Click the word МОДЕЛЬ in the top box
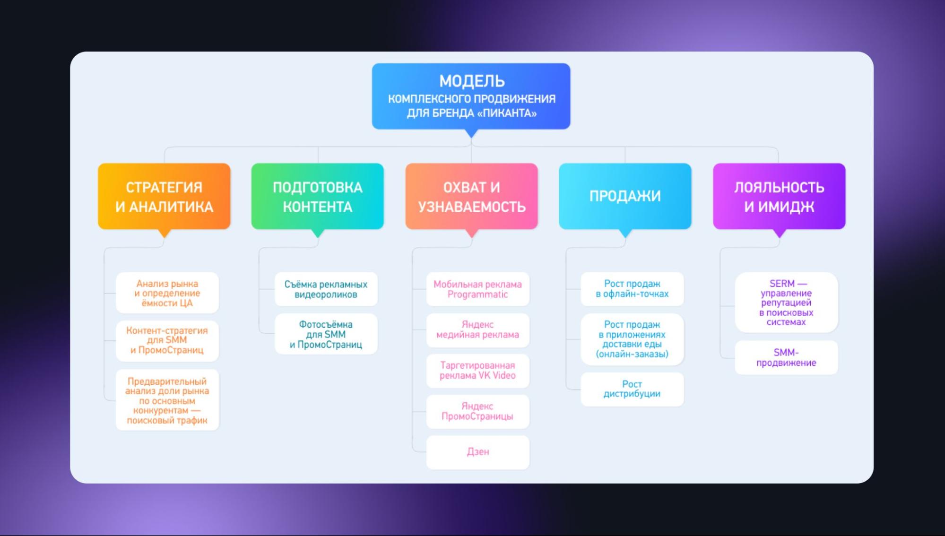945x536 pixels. click(472, 81)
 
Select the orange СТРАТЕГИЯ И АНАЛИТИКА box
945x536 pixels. click(164, 196)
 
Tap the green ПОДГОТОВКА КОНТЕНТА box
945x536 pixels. click(318, 196)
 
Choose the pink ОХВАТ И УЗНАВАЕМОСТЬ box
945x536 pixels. click(471, 196)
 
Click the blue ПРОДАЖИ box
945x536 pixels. click(625, 196)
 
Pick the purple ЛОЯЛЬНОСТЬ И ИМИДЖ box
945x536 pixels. click(779, 196)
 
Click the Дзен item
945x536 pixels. click(478, 452)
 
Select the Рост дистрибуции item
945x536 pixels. click(632, 389)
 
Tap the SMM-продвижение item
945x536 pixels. click(786, 358)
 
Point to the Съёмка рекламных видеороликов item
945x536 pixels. click(326, 289)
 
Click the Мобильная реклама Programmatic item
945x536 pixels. click(478, 289)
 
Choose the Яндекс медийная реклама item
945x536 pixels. click(478, 330)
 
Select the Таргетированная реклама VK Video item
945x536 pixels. click(478, 371)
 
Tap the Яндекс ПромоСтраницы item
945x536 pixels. click(478, 411)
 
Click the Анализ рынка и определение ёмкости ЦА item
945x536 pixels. click(167, 293)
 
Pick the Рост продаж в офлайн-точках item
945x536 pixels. click(632, 289)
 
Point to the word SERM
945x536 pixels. click(782, 284)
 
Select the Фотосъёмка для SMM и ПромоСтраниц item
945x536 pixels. click(326, 334)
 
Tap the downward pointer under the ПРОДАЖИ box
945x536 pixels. click(625, 233)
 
